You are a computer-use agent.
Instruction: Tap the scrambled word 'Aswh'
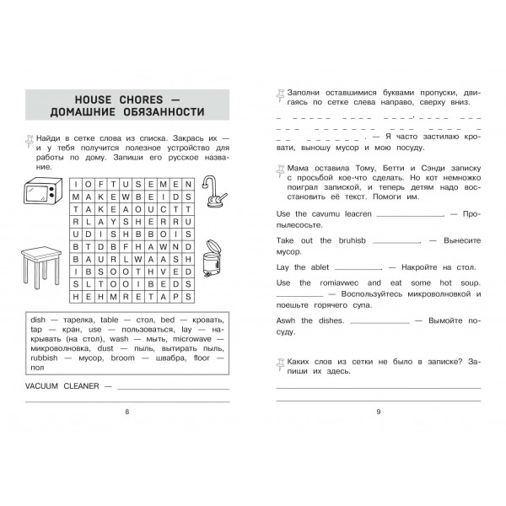tap(287, 320)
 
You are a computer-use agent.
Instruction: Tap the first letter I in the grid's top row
tap(77, 182)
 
